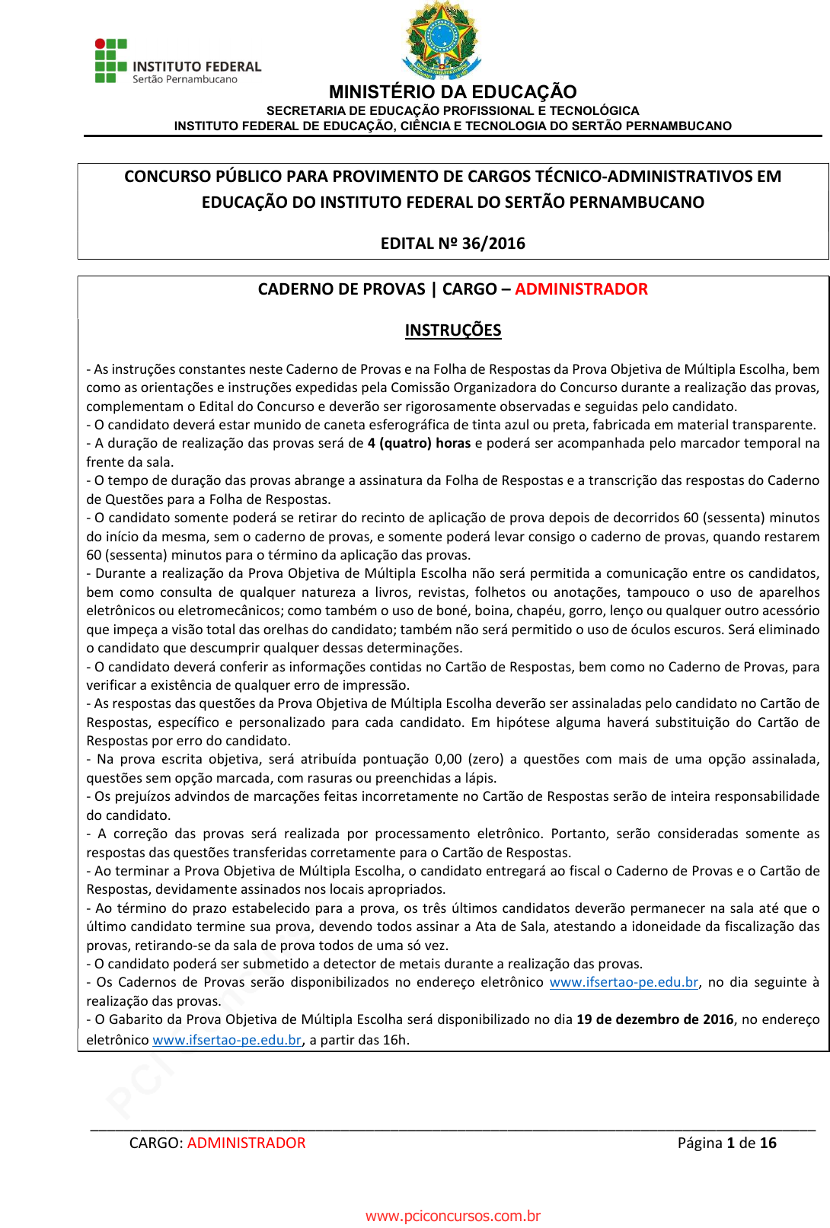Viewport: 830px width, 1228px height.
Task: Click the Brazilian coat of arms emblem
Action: tap(442, 40)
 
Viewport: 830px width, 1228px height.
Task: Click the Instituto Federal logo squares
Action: tap(110, 60)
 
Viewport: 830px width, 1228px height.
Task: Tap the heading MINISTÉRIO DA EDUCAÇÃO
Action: tap(452, 92)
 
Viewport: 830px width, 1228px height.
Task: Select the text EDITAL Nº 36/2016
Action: tap(452, 244)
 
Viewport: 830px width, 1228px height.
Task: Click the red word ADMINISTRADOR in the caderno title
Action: tap(581, 289)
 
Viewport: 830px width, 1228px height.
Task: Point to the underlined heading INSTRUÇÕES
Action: tap(452, 330)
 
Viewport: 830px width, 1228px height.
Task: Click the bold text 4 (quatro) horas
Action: tap(419, 443)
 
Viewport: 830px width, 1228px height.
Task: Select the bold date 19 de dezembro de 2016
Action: tap(655, 1019)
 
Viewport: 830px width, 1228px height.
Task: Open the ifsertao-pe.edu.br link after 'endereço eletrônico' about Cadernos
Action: tap(624, 982)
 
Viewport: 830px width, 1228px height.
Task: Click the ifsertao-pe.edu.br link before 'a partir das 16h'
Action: tap(227, 1040)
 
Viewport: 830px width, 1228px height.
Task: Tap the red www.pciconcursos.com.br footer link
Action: tap(452, 1216)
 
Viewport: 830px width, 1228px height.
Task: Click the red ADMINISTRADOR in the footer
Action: tap(246, 1143)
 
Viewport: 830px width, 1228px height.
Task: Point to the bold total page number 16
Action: tap(768, 1143)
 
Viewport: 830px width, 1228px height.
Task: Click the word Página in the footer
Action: tap(700, 1143)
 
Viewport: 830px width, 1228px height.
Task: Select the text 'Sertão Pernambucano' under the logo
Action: tap(185, 79)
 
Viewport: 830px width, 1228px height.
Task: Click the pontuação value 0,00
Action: tap(448, 759)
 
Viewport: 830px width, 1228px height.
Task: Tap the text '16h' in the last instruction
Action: tap(395, 1040)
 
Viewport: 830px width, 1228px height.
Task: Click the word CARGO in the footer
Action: tap(155, 1143)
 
